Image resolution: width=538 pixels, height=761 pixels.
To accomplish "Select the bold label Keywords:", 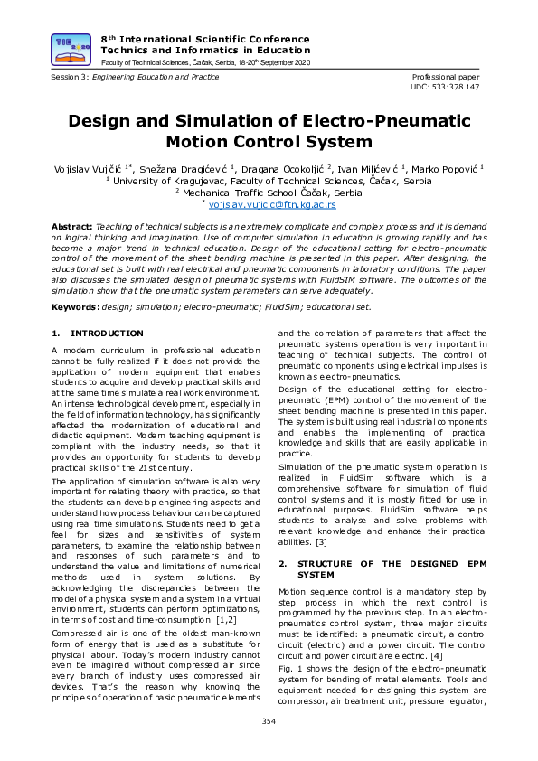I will click(x=75, y=307).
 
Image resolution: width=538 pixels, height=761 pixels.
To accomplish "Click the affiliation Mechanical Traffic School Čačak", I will click(x=273, y=193).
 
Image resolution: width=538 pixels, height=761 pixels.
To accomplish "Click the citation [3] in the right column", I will click(x=321, y=542).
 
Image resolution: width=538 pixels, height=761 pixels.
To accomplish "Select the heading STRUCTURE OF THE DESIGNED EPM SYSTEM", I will click(x=384, y=568).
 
